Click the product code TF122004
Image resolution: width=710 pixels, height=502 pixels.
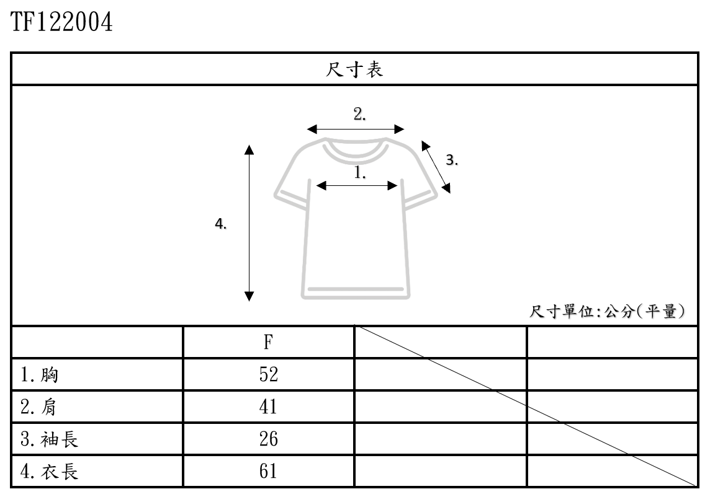click(x=62, y=23)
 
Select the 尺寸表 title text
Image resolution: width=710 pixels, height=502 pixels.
click(x=354, y=69)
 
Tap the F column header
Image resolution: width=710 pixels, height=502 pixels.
click(x=268, y=341)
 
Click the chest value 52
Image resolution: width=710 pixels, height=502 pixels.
click(x=268, y=374)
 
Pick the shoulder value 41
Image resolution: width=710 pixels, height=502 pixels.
click(x=268, y=407)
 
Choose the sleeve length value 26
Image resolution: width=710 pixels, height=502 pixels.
click(x=268, y=439)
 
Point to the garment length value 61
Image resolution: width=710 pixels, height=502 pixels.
click(x=268, y=472)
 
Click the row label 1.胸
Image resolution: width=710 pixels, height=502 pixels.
click(x=40, y=374)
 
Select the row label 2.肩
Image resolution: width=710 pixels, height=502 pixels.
click(x=40, y=407)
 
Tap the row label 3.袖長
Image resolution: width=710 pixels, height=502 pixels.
click(x=50, y=439)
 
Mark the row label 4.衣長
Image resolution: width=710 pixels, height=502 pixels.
click(x=50, y=472)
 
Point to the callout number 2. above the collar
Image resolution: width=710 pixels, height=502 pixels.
click(x=360, y=114)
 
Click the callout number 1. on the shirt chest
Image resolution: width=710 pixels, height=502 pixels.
click(x=360, y=172)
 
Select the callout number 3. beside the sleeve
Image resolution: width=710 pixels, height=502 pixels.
click(x=452, y=160)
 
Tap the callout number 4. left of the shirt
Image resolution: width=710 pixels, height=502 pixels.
click(x=220, y=224)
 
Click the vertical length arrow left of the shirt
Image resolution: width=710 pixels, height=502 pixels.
click(x=249, y=223)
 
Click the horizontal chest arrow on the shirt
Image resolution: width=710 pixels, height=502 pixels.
click(x=357, y=185)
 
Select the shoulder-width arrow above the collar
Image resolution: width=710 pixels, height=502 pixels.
click(x=356, y=129)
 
